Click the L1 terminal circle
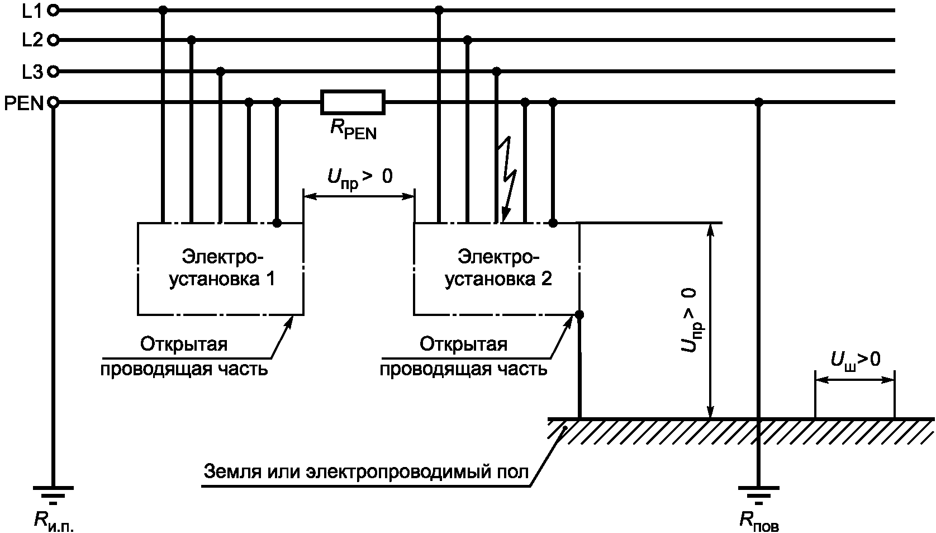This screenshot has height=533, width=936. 53,10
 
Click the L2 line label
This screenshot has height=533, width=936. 32,40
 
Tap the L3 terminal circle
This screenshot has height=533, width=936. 53,72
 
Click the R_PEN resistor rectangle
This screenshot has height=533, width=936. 353,102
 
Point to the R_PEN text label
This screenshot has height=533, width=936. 353,130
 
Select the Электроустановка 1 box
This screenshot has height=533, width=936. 221,269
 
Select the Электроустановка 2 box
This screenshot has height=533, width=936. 497,269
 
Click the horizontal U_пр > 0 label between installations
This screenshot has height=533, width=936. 359,178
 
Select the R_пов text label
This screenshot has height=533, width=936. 759,521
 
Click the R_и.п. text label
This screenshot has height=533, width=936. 54,521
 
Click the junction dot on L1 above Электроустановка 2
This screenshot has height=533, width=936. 439,10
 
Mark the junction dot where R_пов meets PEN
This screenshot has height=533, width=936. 758,102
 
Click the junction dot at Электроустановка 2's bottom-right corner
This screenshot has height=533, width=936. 579,315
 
